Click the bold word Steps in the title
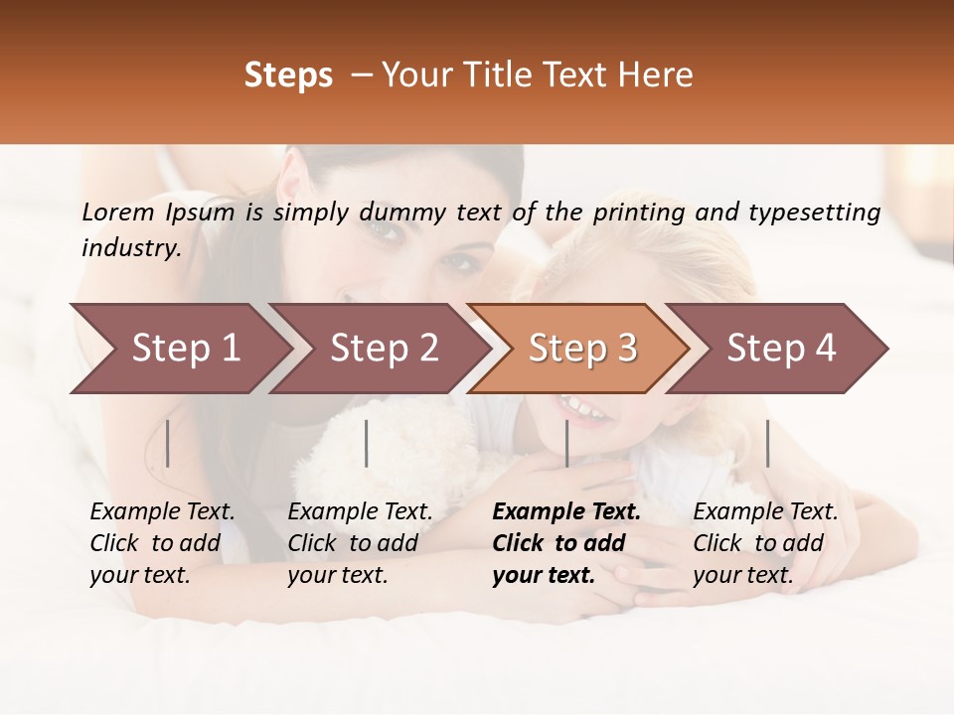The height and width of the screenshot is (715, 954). (288, 75)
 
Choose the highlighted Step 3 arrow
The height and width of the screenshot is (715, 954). (582, 349)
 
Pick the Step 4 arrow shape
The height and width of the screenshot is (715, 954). (781, 349)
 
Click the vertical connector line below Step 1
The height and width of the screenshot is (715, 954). (168, 443)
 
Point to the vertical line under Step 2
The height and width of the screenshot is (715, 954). (367, 443)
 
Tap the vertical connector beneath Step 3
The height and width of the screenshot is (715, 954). (566, 443)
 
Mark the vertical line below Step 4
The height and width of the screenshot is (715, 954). (767, 443)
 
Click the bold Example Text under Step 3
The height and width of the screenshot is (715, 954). (566, 543)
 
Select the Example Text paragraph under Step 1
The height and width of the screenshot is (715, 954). (163, 543)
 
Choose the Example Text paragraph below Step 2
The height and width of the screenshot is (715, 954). (361, 543)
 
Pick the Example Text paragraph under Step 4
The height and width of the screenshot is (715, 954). (765, 543)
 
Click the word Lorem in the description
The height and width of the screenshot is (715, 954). (118, 212)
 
